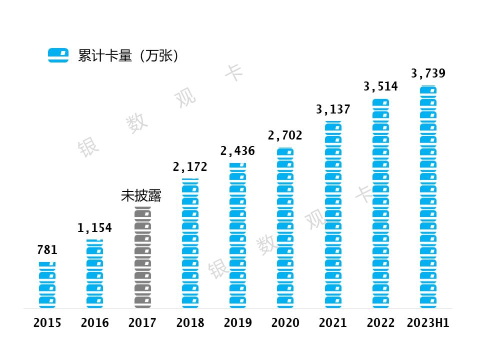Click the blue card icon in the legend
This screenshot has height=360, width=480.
58,55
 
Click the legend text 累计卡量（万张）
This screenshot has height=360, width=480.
128,55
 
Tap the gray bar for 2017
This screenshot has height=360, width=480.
142,257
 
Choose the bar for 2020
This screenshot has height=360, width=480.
285,227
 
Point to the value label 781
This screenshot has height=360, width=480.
47,250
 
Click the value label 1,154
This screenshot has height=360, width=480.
94,228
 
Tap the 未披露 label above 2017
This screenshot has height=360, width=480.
141,196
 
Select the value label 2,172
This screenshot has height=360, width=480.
190,167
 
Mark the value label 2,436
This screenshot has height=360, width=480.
237,151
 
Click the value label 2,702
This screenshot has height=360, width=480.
285,135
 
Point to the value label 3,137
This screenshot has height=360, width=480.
333,109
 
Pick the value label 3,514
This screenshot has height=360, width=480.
380,86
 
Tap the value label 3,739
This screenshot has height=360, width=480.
428,74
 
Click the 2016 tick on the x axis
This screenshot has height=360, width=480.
94,323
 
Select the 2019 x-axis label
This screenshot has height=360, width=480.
237,323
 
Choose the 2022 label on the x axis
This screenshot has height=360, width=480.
380,323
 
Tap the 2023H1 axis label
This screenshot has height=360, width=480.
428,323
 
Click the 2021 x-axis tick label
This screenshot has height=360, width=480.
333,323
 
